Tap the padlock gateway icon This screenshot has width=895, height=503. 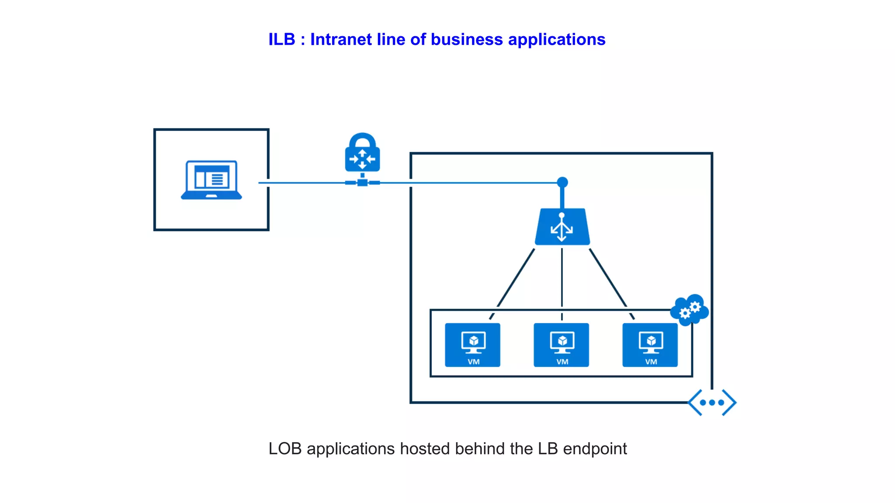(362, 153)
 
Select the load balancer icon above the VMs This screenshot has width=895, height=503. (562, 227)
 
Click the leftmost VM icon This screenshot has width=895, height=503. (472, 345)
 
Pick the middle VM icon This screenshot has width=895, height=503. (562, 345)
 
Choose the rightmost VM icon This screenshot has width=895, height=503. (650, 345)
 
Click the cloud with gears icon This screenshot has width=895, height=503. (690, 310)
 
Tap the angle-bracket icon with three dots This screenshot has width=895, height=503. (712, 402)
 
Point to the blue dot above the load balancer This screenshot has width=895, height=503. (562, 182)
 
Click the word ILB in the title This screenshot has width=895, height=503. (282, 40)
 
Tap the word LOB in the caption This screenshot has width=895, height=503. (285, 449)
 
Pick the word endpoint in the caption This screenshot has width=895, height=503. (595, 449)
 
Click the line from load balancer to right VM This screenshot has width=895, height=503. (608, 278)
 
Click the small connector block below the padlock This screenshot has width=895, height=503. (362, 182)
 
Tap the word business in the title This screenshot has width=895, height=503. (467, 40)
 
